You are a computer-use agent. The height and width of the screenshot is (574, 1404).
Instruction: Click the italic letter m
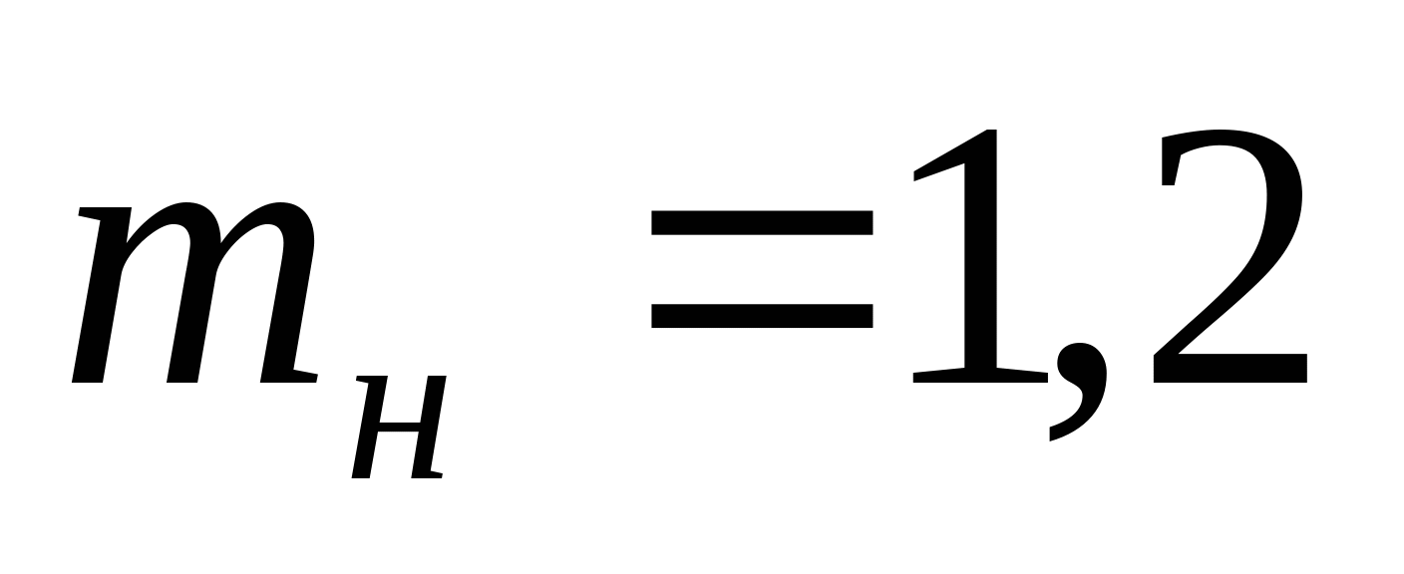click(194, 293)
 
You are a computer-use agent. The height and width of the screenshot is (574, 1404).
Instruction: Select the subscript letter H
click(399, 427)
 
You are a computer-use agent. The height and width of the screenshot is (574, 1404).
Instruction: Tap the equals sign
click(762, 269)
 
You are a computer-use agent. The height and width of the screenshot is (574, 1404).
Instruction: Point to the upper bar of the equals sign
click(762, 222)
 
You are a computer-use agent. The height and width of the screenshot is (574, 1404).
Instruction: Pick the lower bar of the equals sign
click(762, 316)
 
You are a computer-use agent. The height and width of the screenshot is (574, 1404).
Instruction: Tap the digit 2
click(1229, 256)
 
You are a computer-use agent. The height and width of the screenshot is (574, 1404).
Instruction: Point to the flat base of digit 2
click(1229, 369)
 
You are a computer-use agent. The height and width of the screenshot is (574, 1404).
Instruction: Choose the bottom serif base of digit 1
click(980, 375)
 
